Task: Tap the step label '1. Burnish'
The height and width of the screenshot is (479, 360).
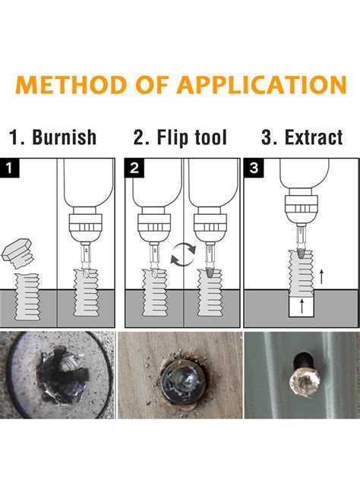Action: point(52,137)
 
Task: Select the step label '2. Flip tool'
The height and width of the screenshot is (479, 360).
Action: point(181,137)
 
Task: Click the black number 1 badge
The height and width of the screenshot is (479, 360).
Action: point(10,168)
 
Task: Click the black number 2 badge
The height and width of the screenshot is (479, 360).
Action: point(134,168)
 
